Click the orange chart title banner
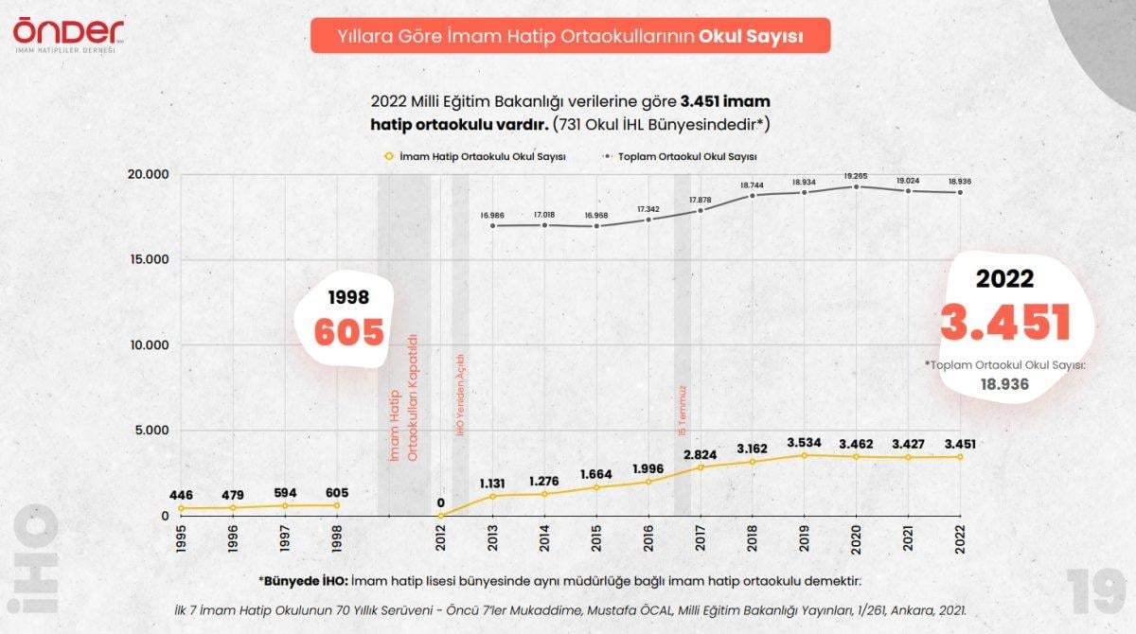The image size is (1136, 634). point(570,35)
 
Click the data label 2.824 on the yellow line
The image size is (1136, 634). point(701,453)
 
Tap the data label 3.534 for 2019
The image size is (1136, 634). point(804,442)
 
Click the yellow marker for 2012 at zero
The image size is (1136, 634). point(440,516)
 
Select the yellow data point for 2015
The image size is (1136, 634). point(596,487)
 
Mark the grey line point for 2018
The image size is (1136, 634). point(753,195)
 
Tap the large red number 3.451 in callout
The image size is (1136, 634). point(1004,322)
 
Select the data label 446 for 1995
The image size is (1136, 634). point(181,495)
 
